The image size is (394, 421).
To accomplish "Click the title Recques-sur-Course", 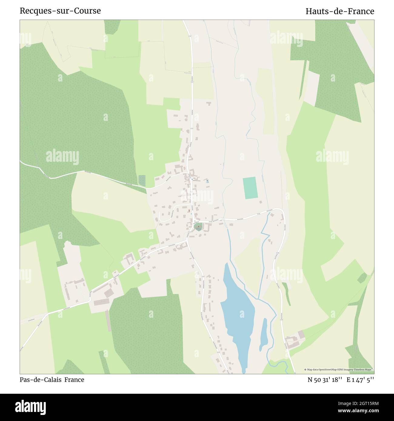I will [x=60, y=11].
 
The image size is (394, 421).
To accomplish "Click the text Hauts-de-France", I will [x=340, y=11].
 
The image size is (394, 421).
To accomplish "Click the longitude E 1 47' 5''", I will [x=360, y=380].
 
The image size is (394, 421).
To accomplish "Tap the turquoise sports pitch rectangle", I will [x=249, y=188].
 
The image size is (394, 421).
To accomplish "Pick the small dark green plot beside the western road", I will [x=142, y=181].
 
